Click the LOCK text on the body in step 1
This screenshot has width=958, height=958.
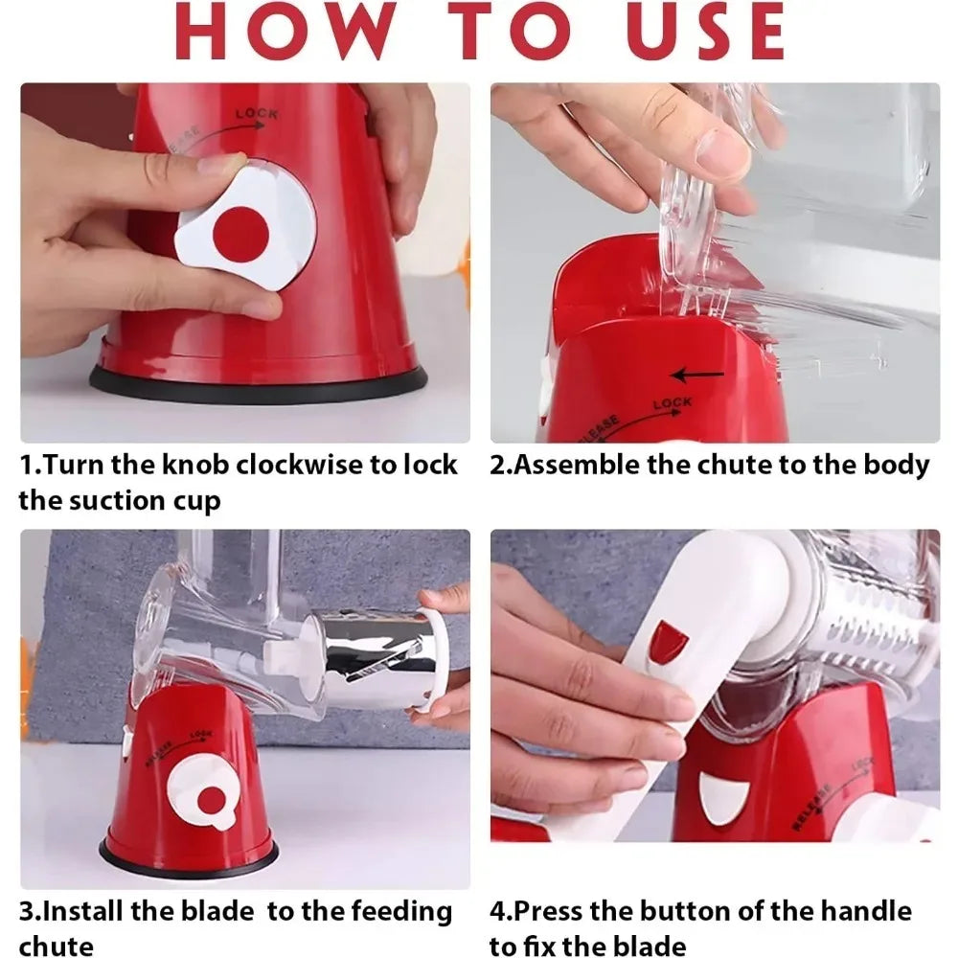click(x=257, y=114)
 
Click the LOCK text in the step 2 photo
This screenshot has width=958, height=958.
click(x=673, y=403)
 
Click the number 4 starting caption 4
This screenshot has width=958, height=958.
click(x=498, y=912)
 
